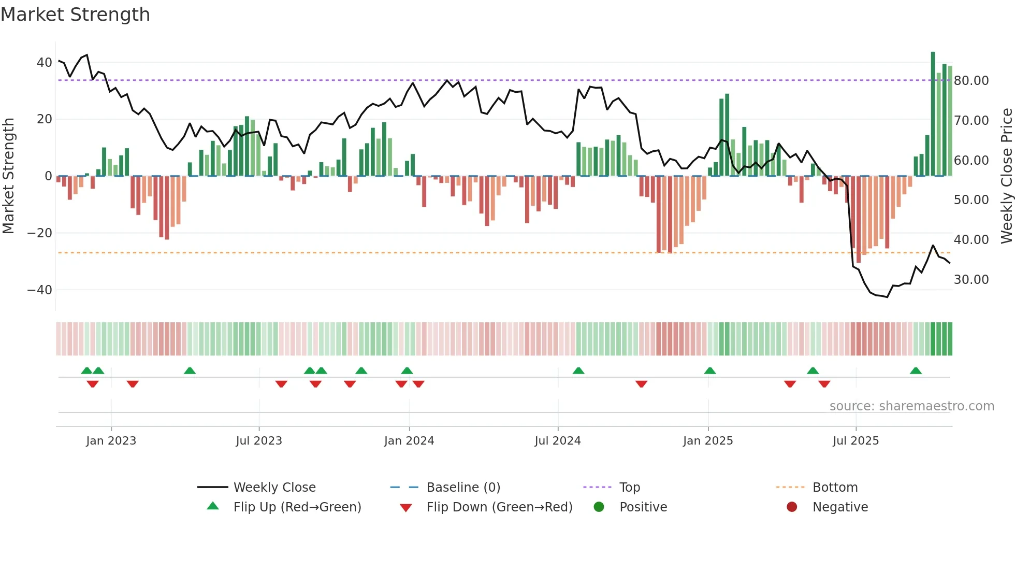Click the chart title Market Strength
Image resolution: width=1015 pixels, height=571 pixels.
[x=75, y=15]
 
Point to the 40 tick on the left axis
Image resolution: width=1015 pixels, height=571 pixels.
[x=44, y=63]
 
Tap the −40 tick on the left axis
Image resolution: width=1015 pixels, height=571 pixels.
[x=40, y=290]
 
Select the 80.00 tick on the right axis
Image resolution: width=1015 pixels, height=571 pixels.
[x=971, y=81]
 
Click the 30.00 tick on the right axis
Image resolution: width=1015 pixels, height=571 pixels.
[x=971, y=280]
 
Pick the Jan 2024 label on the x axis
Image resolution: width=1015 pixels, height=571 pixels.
[x=409, y=441]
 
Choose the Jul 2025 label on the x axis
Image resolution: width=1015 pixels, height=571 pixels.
[x=856, y=441]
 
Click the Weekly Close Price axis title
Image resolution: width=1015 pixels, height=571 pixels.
[x=1006, y=176]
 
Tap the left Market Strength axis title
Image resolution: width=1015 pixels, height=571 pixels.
[x=8, y=176]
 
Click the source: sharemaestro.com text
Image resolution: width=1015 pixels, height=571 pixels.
[x=911, y=406]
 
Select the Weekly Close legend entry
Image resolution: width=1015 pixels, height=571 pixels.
[x=274, y=488]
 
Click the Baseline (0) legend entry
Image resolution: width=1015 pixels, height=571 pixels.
[x=463, y=488]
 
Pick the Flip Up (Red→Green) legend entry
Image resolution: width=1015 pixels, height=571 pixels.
[x=297, y=507]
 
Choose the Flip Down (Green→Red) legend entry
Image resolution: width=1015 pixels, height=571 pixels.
[x=499, y=507]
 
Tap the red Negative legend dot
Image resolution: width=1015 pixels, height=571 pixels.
[x=791, y=507]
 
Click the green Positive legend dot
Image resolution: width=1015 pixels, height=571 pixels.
[x=599, y=507]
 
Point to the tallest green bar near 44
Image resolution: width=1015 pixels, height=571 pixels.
[x=933, y=114]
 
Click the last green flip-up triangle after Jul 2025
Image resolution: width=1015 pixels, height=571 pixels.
[x=916, y=371]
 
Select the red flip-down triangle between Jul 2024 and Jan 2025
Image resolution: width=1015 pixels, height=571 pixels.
[x=641, y=384]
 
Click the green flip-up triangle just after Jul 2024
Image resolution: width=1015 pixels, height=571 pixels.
[x=578, y=371]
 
